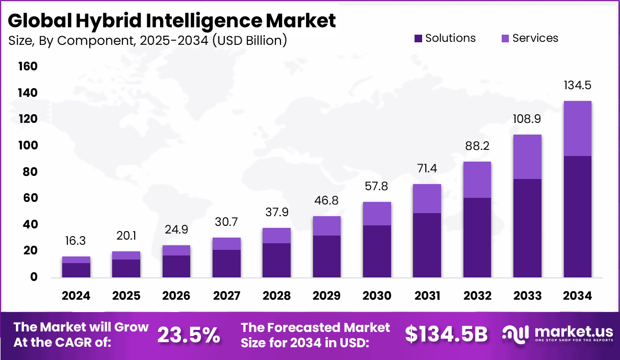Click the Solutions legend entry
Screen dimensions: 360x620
[445, 38]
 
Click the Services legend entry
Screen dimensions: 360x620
[530, 38]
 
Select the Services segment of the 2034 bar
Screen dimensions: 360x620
[577, 128]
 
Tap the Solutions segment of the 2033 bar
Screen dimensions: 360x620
[527, 228]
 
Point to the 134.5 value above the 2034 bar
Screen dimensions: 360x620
[577, 85]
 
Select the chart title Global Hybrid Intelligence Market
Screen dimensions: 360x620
[172, 21]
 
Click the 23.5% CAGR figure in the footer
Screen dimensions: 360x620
[188, 335]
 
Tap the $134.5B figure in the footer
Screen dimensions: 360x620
[446, 335]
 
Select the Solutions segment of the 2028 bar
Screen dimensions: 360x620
[276, 260]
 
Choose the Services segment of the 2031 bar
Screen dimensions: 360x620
[427, 198]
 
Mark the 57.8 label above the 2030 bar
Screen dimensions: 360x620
[377, 187]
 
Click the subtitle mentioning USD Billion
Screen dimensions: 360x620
[147, 41]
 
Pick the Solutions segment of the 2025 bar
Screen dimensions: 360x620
[126, 268]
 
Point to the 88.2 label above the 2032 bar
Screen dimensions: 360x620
[477, 146]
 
